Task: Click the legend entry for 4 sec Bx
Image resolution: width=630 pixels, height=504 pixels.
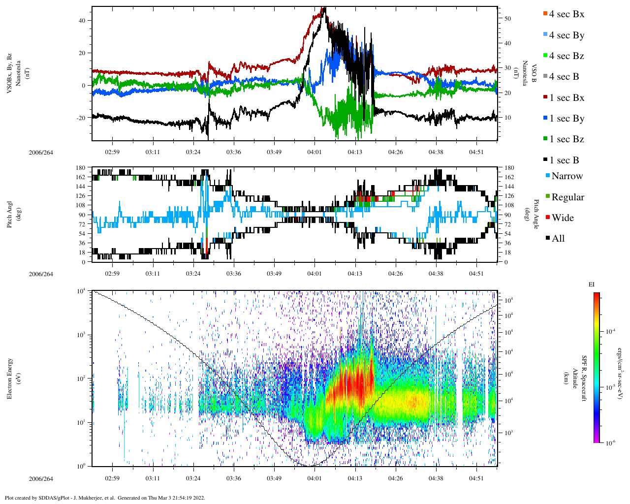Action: pos(566,14)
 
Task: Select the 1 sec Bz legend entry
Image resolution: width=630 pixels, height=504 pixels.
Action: pos(566,139)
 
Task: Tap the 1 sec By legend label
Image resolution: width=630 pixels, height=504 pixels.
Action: pos(567,119)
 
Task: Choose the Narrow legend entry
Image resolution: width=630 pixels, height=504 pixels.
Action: pos(567,176)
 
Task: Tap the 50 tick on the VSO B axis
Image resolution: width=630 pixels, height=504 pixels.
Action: pos(507,19)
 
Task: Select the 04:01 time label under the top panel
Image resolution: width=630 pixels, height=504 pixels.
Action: pos(315,152)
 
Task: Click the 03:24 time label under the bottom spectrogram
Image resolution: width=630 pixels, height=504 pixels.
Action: pos(193,478)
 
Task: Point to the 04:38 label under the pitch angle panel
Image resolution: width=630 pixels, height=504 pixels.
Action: pos(436,274)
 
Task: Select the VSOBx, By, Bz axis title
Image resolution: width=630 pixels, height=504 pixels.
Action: pos(13,74)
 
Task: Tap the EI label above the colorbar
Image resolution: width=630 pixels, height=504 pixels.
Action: pos(592,284)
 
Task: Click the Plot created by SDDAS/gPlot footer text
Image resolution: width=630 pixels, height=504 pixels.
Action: pos(104,498)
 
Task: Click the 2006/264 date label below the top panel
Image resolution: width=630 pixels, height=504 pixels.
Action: pos(41,153)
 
